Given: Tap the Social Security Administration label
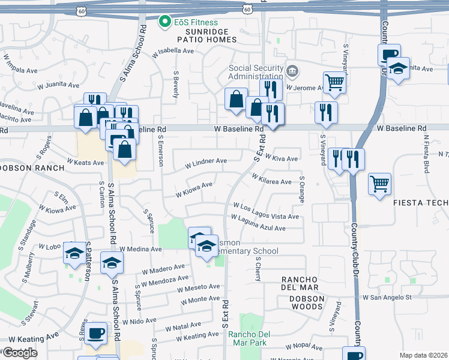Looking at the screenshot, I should (x=256, y=72).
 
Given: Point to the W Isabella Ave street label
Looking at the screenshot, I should (x=173, y=52).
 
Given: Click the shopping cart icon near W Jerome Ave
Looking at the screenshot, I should (x=334, y=82).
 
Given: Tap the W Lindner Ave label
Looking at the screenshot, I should (x=206, y=161).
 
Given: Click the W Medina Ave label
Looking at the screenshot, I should (x=140, y=249).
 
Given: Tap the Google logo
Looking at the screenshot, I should (x=20, y=353).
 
